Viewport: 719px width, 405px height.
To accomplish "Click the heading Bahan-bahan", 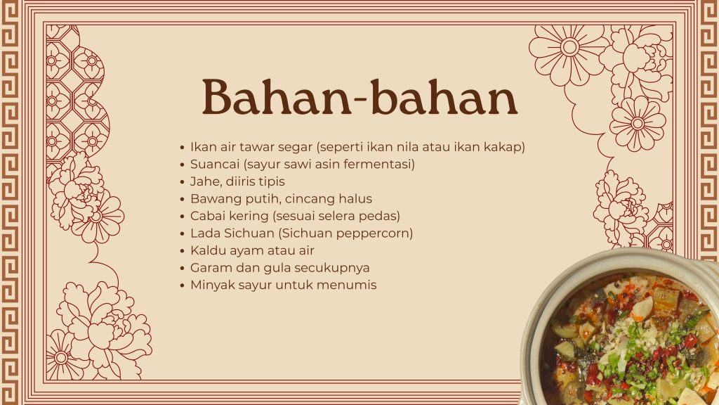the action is click(360, 97).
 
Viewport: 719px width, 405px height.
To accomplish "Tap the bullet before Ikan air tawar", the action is click(182, 148).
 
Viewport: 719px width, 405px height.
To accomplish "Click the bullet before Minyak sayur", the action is click(182, 285).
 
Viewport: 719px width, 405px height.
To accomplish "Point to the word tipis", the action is click(272, 182).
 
